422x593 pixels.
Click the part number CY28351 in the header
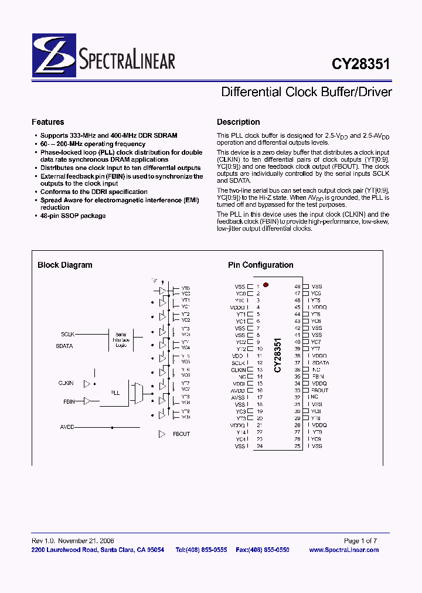(x=360, y=64)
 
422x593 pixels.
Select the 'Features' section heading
(x=48, y=122)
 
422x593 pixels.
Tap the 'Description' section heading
(x=238, y=122)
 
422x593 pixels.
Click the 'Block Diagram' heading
(x=65, y=265)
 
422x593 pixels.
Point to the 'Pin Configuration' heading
(x=261, y=265)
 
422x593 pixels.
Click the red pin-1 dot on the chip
(x=266, y=285)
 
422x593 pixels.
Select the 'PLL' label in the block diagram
(x=115, y=393)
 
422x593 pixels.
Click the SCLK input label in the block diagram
(x=68, y=334)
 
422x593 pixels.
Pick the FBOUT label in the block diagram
(x=181, y=434)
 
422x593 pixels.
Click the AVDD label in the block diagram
(x=67, y=427)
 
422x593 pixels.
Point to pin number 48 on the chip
(x=297, y=287)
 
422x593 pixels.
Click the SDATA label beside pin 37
(x=321, y=363)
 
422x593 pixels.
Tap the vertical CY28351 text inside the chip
(x=278, y=355)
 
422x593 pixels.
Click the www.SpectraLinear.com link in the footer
(x=343, y=550)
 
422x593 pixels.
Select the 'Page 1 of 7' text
(x=360, y=541)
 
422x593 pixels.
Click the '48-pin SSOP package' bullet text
(x=73, y=216)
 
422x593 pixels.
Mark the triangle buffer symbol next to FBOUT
(x=162, y=434)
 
